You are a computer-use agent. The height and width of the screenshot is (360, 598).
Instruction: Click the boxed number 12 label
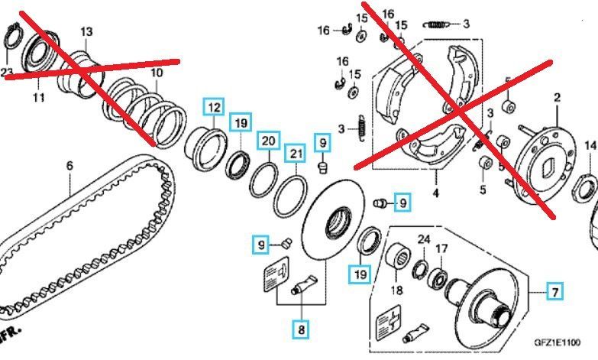point(213,107)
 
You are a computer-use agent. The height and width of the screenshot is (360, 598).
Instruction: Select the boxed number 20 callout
point(267,141)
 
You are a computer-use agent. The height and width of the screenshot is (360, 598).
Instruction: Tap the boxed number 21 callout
point(295,156)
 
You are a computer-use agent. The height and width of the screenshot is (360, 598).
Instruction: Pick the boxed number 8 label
point(302,329)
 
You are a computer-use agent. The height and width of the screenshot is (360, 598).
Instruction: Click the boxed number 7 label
point(555,290)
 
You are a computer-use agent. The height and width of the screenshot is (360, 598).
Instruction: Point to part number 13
point(86,31)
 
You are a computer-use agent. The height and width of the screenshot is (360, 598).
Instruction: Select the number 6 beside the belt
point(69,165)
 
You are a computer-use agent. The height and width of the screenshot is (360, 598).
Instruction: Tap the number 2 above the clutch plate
point(557,97)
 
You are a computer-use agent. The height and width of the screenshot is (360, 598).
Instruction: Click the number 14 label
point(590,145)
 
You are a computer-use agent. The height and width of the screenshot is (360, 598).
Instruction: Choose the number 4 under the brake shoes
point(435,193)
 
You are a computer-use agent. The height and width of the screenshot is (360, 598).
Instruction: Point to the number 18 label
point(396,290)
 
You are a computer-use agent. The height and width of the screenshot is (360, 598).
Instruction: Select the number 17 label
point(441,248)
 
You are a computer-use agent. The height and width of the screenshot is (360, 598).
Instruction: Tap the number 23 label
point(8,73)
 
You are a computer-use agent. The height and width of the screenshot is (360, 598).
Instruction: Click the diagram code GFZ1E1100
point(555,343)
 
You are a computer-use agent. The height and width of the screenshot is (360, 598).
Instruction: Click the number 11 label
point(38,97)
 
